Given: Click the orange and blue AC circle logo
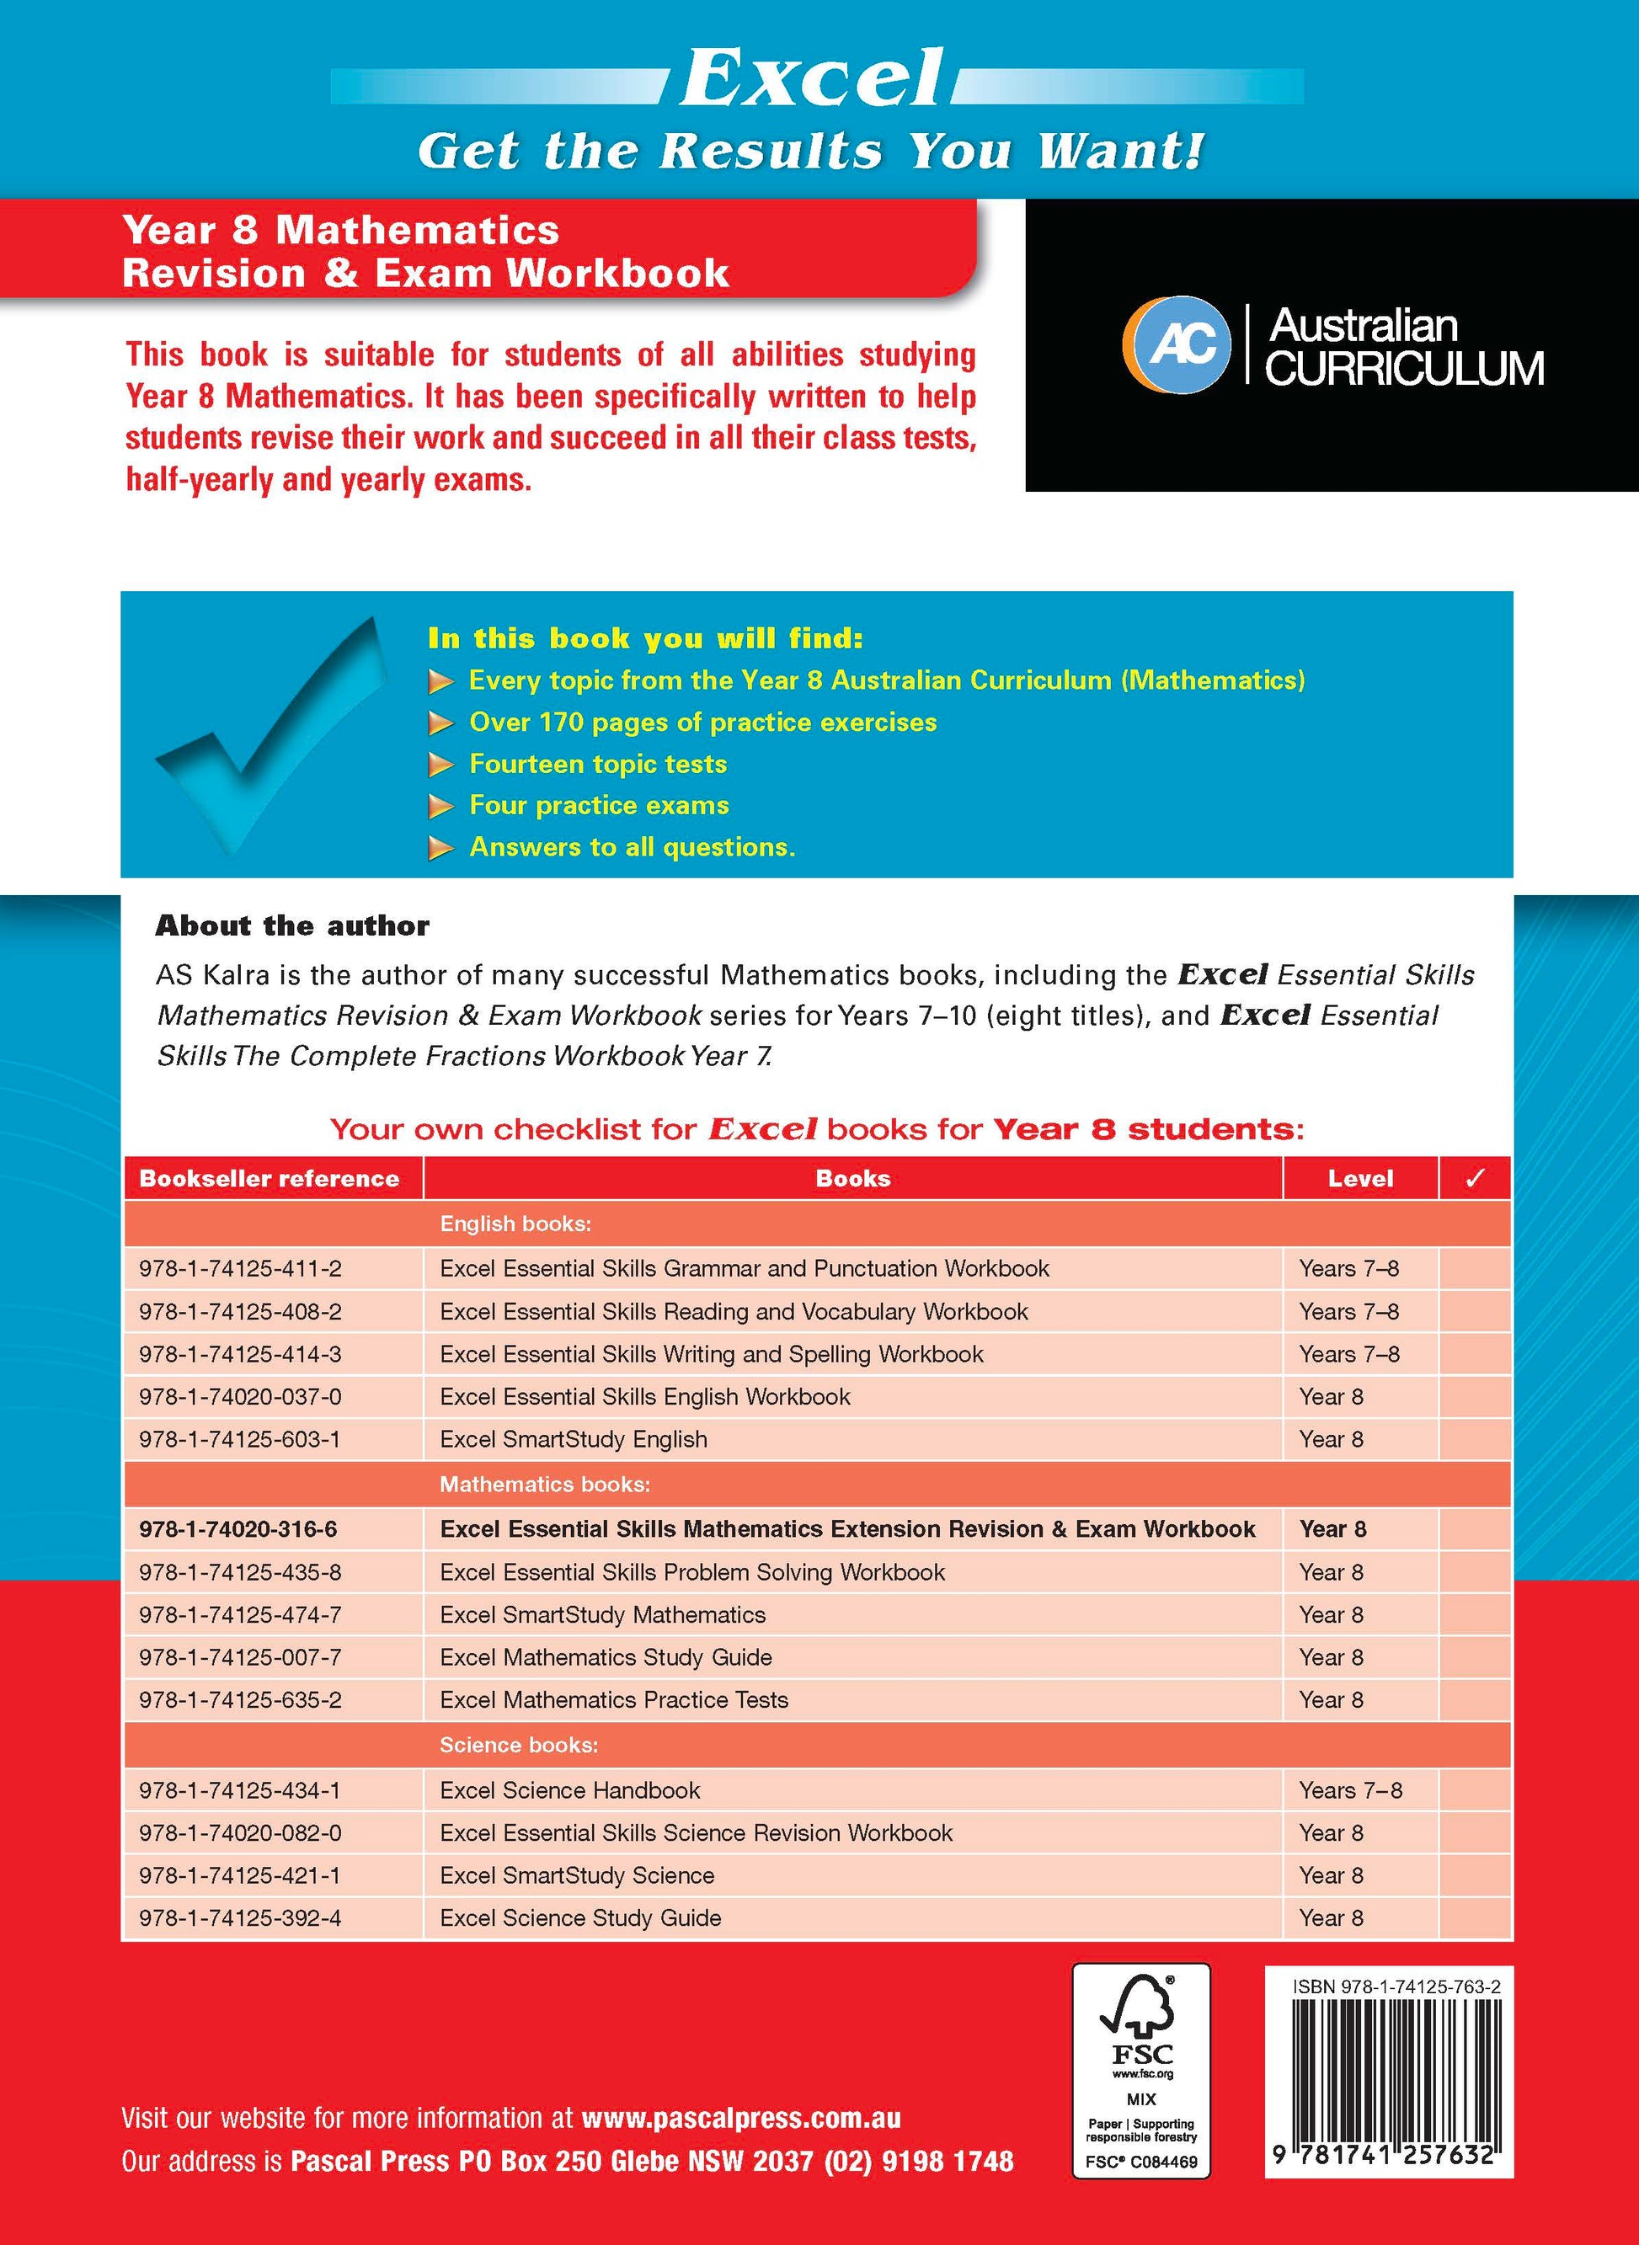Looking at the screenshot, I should [1177, 344].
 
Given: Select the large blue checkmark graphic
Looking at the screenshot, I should [268, 733].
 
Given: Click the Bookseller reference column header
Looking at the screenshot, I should [269, 1179].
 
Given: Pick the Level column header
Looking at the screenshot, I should [1360, 1179].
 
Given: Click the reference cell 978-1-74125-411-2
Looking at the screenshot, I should [240, 1268].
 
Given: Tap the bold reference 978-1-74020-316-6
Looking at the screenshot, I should [238, 1528].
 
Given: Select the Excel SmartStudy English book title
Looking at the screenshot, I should [574, 1438].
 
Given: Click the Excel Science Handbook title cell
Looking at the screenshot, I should [569, 1789].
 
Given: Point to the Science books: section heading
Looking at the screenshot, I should [519, 1744].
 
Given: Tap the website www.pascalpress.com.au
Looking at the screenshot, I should [741, 2118].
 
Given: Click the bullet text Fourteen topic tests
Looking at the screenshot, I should [597, 764].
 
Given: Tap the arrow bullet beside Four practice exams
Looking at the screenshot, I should [440, 807].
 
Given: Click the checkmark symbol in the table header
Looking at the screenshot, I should [1474, 1179].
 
